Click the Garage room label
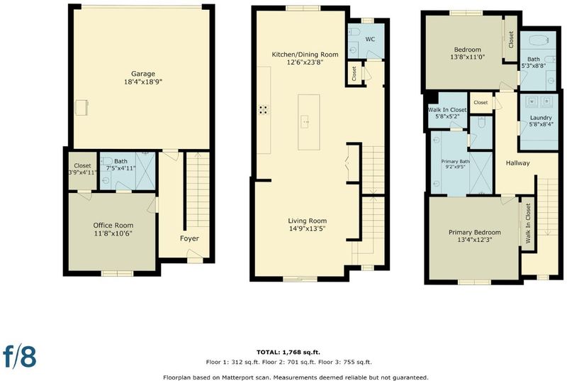pyautogui.click(x=143, y=74)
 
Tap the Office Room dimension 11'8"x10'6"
pyautogui.click(x=113, y=233)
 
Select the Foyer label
pyautogui.click(x=189, y=238)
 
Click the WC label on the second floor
pyautogui.click(x=370, y=39)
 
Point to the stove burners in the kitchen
pyautogui.click(x=263, y=110)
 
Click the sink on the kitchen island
pyautogui.click(x=305, y=122)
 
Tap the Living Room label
pyautogui.click(x=308, y=221)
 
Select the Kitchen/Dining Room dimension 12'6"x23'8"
pyautogui.click(x=305, y=62)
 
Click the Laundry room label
pyautogui.click(x=541, y=118)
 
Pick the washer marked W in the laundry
pyautogui.click(x=532, y=101)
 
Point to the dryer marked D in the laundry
pyautogui.click(x=546, y=101)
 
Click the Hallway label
pyautogui.click(x=517, y=163)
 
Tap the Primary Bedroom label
pyautogui.click(x=475, y=232)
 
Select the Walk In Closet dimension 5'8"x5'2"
pyautogui.click(x=447, y=117)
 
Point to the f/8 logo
pyautogui.click(x=20, y=356)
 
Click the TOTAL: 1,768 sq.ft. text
pyautogui.click(x=288, y=352)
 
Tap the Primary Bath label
pyautogui.click(x=455, y=161)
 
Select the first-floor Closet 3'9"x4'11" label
pyautogui.click(x=82, y=169)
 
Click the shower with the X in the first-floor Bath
pyautogui.click(x=145, y=171)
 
